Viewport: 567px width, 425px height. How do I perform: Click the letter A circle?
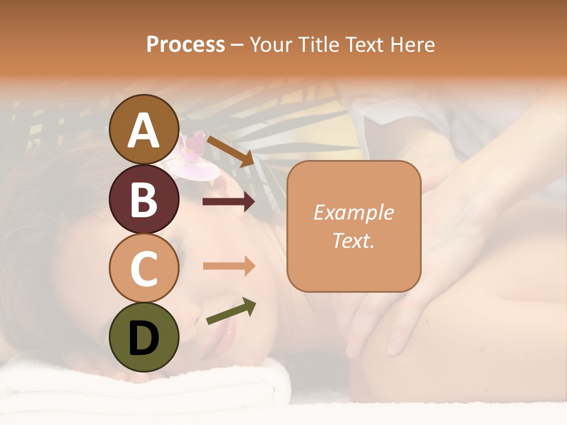144,130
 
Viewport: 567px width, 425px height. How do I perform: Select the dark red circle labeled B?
144,200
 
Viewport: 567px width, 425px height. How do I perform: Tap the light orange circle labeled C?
144,268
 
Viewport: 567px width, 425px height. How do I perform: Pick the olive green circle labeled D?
144,337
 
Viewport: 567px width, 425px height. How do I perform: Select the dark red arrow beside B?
229,202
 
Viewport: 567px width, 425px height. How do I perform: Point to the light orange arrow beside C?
229,266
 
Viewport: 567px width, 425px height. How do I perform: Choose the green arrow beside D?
231,311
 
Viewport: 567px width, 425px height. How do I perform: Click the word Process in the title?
185,45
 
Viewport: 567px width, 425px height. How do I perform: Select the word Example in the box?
353,212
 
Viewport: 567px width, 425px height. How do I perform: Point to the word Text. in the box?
353,240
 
